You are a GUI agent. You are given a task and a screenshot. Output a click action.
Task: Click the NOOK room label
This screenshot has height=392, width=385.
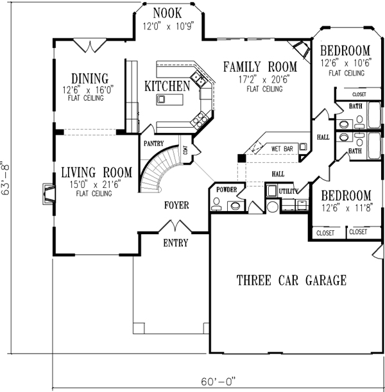pyautogui.click(x=167, y=13)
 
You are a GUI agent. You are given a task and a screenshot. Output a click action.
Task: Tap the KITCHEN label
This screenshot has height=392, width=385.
pyautogui.click(x=167, y=86)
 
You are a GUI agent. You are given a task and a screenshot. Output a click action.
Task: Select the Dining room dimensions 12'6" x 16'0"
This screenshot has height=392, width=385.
pyautogui.click(x=89, y=90)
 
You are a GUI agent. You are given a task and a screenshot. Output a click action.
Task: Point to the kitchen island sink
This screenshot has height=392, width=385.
pyautogui.click(x=161, y=99)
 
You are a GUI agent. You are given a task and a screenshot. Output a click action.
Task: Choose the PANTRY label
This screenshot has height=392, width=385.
pyautogui.click(x=154, y=143)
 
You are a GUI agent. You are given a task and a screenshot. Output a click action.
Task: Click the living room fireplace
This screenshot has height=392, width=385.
pyautogui.click(x=49, y=194)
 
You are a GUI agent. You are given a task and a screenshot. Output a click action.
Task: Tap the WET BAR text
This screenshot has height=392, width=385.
pyautogui.click(x=282, y=149)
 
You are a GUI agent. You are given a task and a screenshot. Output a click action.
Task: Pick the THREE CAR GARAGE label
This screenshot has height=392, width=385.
pyautogui.click(x=291, y=280)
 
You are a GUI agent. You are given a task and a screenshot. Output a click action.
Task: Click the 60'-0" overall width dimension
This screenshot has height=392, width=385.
pyautogui.click(x=218, y=382)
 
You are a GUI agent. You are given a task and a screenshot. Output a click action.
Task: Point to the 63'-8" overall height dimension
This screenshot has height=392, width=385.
pyautogui.click(x=6, y=178)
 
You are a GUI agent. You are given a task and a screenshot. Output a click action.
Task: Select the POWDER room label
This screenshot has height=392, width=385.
pyautogui.click(x=227, y=190)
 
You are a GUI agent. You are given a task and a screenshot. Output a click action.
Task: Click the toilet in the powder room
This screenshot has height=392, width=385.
pyautogui.click(x=216, y=205)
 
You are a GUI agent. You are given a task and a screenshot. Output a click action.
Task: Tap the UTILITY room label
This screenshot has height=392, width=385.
pyautogui.click(x=289, y=191)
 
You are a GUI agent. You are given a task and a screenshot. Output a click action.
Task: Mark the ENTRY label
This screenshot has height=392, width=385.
pyautogui.click(x=176, y=243)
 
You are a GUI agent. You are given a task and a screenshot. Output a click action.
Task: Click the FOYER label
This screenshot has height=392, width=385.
pyautogui.click(x=176, y=205)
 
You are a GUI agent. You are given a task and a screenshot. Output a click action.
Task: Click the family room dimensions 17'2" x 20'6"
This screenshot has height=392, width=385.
pyautogui.click(x=264, y=80)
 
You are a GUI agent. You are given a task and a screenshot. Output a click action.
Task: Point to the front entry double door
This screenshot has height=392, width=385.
pyautogui.click(x=176, y=226)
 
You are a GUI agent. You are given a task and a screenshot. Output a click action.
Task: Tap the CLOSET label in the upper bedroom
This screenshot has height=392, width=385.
pyautogui.click(x=359, y=94)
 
